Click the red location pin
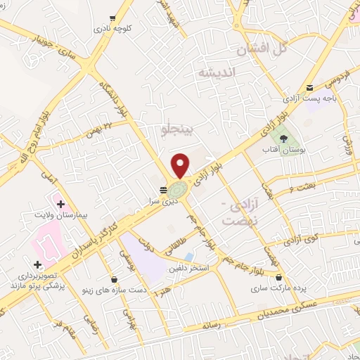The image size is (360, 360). point(181,165)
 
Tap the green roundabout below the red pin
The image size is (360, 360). point(179,189)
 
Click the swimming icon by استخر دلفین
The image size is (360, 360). point(190,257)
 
